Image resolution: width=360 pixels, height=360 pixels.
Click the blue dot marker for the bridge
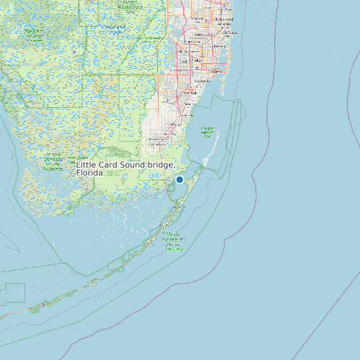[x=179, y=179]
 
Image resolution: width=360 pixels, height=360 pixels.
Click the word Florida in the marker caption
[x=90, y=173]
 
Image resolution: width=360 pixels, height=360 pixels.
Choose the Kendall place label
[x=190, y=94]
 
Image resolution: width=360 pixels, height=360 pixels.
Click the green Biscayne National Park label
[x=207, y=132]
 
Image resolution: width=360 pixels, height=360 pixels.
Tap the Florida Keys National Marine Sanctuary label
[x=173, y=242]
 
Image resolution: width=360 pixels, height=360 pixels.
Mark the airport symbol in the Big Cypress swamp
[x=66, y=52]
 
